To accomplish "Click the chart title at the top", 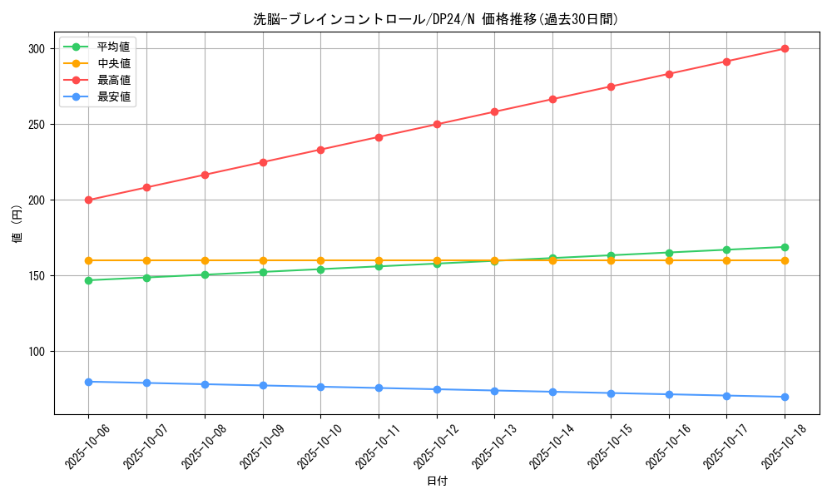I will [436, 19].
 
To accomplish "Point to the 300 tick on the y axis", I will [35, 49].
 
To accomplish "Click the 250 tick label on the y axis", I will [35, 125].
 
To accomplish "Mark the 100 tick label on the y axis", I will [35, 352].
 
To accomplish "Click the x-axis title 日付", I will [437, 482].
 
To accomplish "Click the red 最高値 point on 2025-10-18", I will [785, 49].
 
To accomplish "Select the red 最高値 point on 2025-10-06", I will [89, 200].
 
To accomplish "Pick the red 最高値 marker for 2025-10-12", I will [437, 125].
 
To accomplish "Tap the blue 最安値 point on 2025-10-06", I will [89, 382].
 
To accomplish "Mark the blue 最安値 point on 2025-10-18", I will [785, 397].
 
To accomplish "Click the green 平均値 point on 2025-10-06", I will [89, 280].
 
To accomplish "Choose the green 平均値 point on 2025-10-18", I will [785, 247].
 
